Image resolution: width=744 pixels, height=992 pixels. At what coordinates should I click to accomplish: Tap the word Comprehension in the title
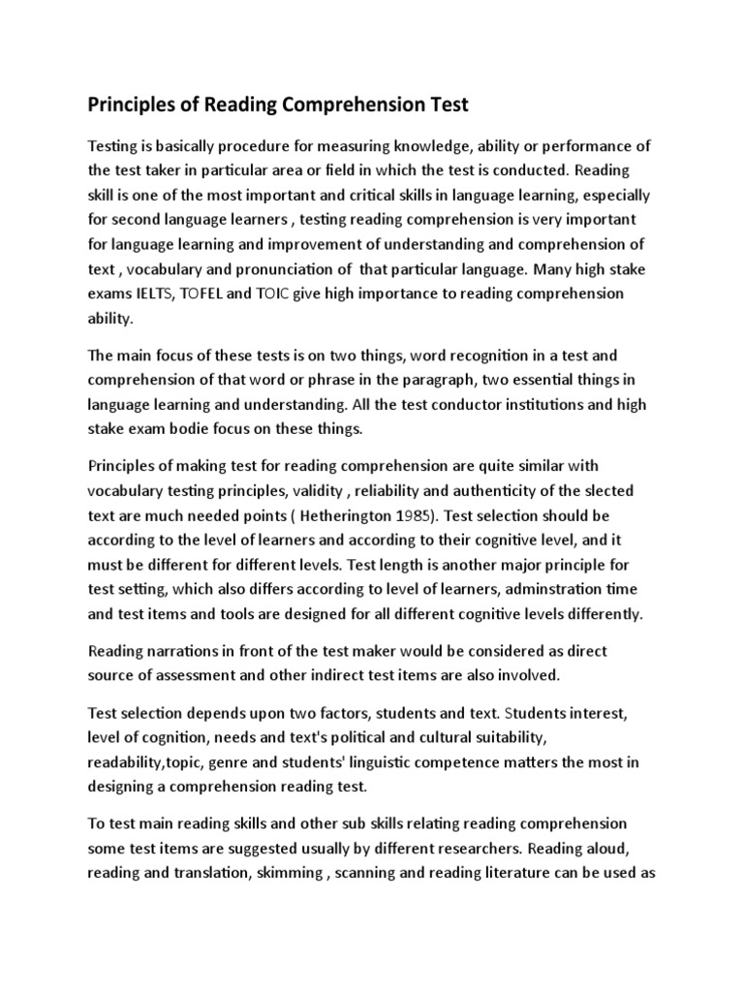pos(353,105)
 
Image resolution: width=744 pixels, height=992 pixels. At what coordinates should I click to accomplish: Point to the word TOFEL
pos(217,293)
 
